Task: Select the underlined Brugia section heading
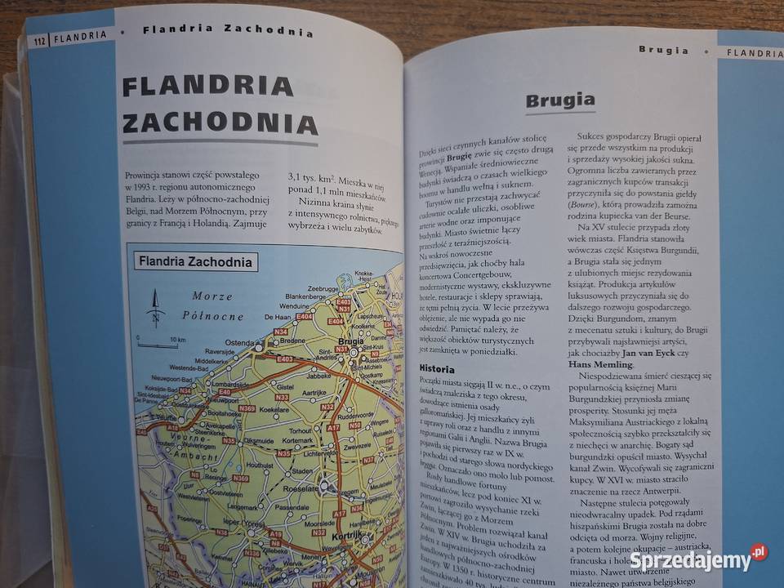click(559, 101)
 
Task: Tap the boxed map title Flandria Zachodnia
click(196, 262)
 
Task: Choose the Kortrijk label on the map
click(352, 537)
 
